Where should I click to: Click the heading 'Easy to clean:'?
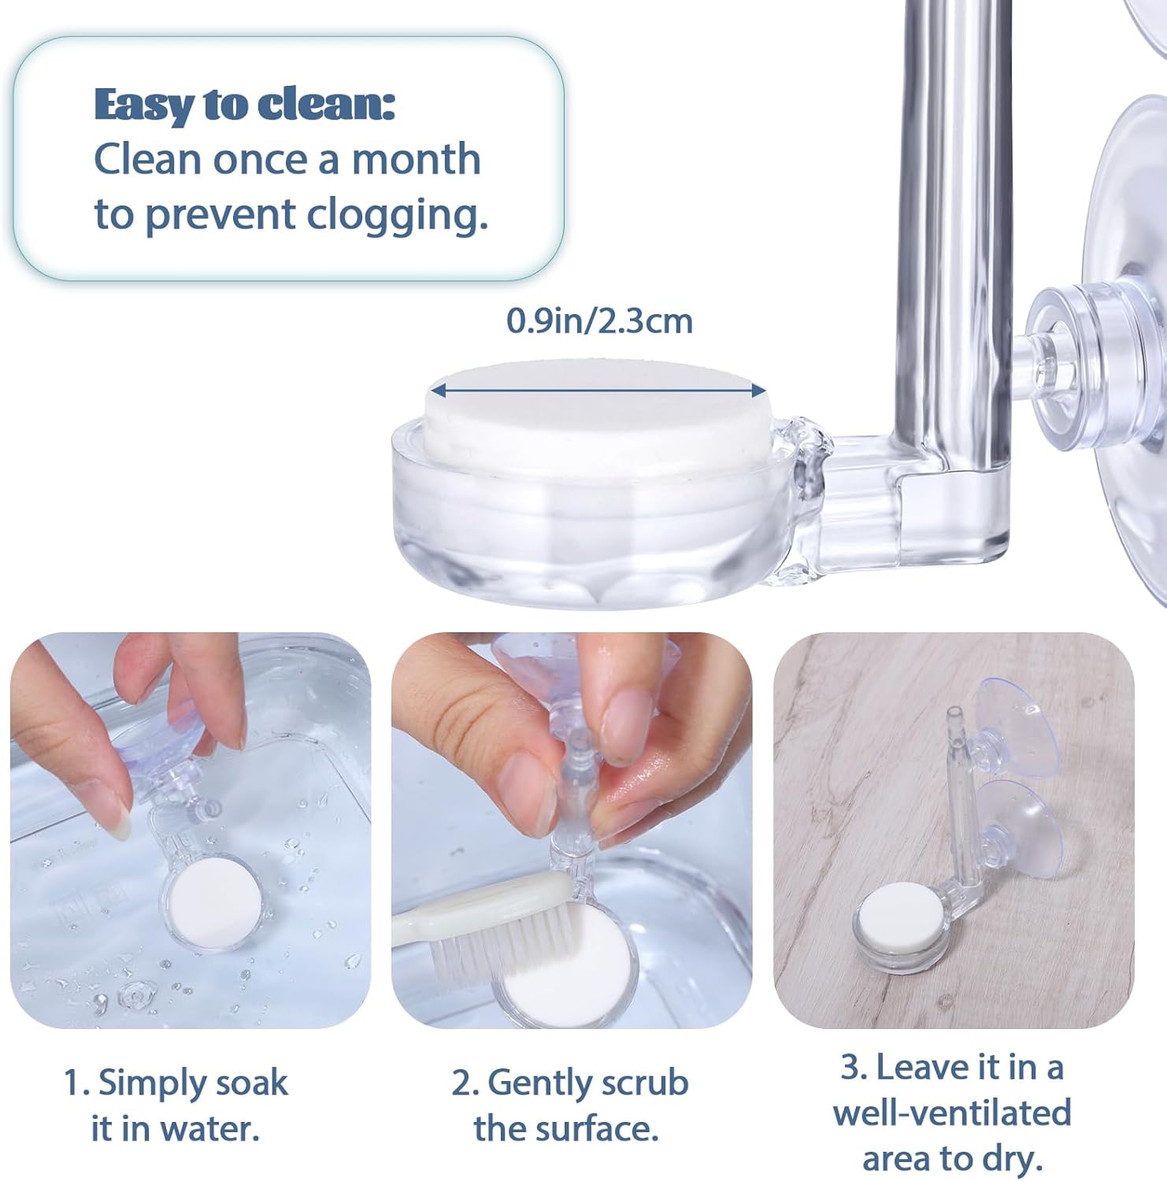coord(244,105)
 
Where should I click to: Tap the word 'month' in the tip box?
coord(416,159)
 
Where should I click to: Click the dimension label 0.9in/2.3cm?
coord(599,320)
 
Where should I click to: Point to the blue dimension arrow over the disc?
coord(598,390)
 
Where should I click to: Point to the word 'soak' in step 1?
coord(251,1083)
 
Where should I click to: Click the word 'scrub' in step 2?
coord(643,1083)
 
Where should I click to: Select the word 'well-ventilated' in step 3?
coord(952,1113)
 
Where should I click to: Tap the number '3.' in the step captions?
coord(854,1068)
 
